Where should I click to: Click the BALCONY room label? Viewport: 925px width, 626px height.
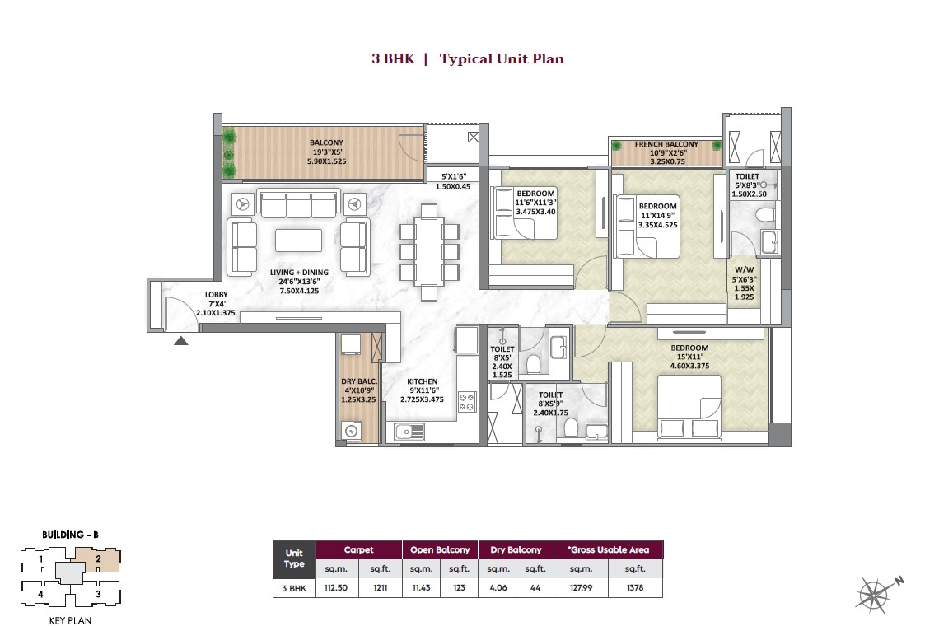326,142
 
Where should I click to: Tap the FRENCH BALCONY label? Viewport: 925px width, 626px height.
666,144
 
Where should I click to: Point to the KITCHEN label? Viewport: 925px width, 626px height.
422,381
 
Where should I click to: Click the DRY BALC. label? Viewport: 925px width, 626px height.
358,381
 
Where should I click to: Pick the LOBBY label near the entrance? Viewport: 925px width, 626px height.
217,295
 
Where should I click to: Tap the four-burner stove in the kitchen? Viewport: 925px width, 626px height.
467,403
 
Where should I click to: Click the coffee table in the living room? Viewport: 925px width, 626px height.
298,240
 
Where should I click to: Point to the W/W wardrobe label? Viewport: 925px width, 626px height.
743,269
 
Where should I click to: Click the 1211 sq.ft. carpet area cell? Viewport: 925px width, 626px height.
379,588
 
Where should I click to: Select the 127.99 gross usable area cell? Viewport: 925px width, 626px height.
582,588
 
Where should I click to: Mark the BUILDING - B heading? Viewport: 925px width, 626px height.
70,535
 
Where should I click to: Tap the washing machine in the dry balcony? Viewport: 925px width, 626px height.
352,430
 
